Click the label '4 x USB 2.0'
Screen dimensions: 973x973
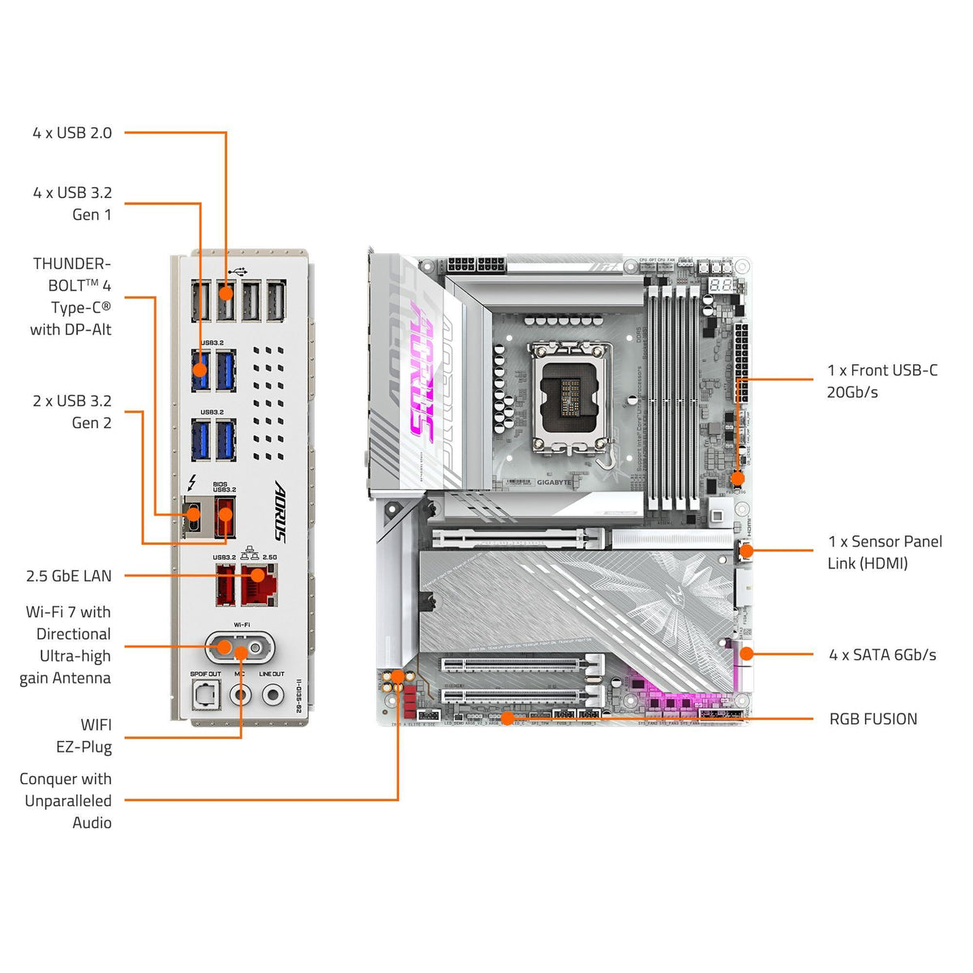click(72, 133)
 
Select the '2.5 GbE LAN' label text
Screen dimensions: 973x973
click(69, 577)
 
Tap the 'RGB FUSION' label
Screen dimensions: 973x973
click(873, 719)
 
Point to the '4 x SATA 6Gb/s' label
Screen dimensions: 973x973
click(882, 655)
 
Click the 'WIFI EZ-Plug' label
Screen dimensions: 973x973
click(84, 736)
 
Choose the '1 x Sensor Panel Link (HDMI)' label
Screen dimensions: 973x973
click(885, 552)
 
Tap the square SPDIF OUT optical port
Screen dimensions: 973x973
click(205, 694)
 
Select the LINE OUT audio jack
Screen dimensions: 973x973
click(272, 695)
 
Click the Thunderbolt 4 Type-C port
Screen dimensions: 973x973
click(193, 513)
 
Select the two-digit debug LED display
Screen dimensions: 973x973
click(722, 285)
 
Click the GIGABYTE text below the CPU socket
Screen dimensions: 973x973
click(554, 482)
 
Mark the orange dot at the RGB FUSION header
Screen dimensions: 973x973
click(507, 718)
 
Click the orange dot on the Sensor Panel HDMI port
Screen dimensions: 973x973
click(746, 551)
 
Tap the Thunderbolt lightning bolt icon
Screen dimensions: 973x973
click(191, 484)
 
